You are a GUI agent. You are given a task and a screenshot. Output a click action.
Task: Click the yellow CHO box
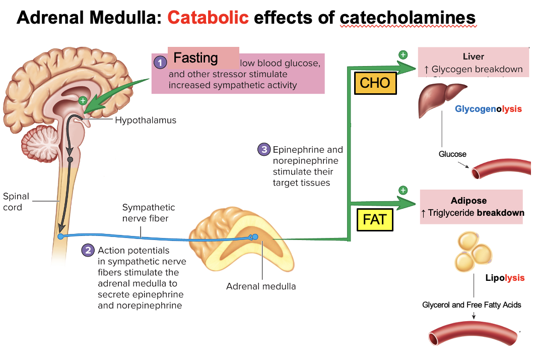[x=375, y=83]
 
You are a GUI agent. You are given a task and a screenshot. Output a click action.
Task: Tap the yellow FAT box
[x=375, y=219]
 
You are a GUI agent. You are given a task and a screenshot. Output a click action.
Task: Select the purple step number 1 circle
[x=160, y=63]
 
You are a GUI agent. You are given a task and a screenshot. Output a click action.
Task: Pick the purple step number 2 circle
[x=88, y=251]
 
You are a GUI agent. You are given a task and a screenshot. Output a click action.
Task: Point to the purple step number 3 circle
[x=263, y=149]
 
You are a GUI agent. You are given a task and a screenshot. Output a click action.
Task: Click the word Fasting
[x=195, y=58]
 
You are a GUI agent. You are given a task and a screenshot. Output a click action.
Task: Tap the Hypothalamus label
[x=146, y=121]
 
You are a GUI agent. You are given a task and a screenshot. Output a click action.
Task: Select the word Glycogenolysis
[x=488, y=109]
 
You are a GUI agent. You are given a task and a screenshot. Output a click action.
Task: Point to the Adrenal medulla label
[x=261, y=286]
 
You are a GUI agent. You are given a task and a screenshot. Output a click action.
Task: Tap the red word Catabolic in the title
[x=208, y=18]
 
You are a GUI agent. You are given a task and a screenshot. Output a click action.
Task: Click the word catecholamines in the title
[x=408, y=18]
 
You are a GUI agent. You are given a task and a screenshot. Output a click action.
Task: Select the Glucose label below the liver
[x=452, y=154]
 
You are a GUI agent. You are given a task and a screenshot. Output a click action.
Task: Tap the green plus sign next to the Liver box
[x=403, y=54]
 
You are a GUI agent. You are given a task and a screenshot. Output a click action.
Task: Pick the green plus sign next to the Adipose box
[x=403, y=190]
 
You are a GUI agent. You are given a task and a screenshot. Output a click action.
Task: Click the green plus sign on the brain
[x=83, y=100]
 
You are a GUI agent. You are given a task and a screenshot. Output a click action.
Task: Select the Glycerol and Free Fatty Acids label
[x=472, y=305]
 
